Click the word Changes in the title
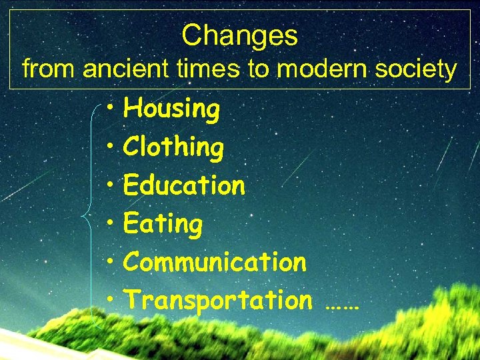(239, 36)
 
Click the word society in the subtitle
(419, 69)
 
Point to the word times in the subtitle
(203, 69)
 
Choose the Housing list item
(171, 109)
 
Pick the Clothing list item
(173, 147)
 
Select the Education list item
(184, 185)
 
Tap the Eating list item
(163, 224)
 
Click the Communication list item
(215, 262)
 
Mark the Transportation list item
(217, 301)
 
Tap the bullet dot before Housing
(110, 109)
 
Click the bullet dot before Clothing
(110, 147)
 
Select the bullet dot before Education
(110, 185)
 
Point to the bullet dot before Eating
(110, 223)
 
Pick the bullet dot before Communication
(110, 262)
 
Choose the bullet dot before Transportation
(110, 300)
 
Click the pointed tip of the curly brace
(80, 216)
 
